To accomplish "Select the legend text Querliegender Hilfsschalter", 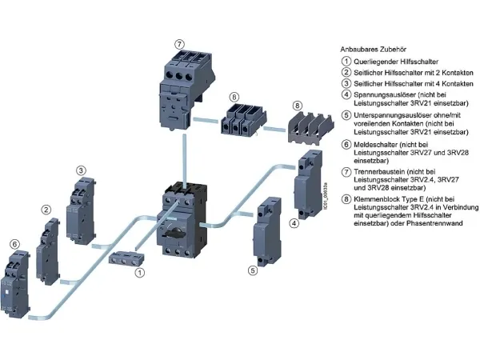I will (392, 61).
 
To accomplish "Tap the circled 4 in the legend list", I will (345, 94).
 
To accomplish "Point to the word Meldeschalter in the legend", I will (374, 144).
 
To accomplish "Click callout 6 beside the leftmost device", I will (14, 244).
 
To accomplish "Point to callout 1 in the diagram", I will (141, 273).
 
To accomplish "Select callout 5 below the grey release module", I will (253, 270).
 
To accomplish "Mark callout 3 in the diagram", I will (81, 170).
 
